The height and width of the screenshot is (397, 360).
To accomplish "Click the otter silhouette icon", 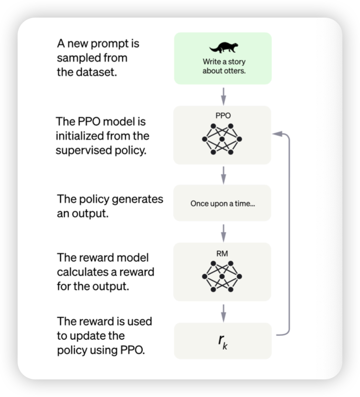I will coord(224,47).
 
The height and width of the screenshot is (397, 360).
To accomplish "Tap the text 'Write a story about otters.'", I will coord(224,66).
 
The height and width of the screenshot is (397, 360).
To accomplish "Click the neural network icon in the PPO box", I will coord(222,139).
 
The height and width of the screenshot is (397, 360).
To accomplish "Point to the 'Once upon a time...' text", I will coord(223,203).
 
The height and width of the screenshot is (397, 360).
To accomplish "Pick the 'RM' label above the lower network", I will coord(222,254).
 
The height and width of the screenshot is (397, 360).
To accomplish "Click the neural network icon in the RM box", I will coord(222,277).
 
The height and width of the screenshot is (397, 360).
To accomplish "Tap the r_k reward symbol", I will coord(223,341).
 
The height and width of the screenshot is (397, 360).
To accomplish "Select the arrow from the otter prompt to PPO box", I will coord(223,94).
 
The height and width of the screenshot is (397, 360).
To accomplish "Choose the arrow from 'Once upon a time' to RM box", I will coord(223,231).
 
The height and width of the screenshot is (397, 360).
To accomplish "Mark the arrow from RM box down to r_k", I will coord(223,310).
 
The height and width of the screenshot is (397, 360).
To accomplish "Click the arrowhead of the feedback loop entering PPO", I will coord(278,133).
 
